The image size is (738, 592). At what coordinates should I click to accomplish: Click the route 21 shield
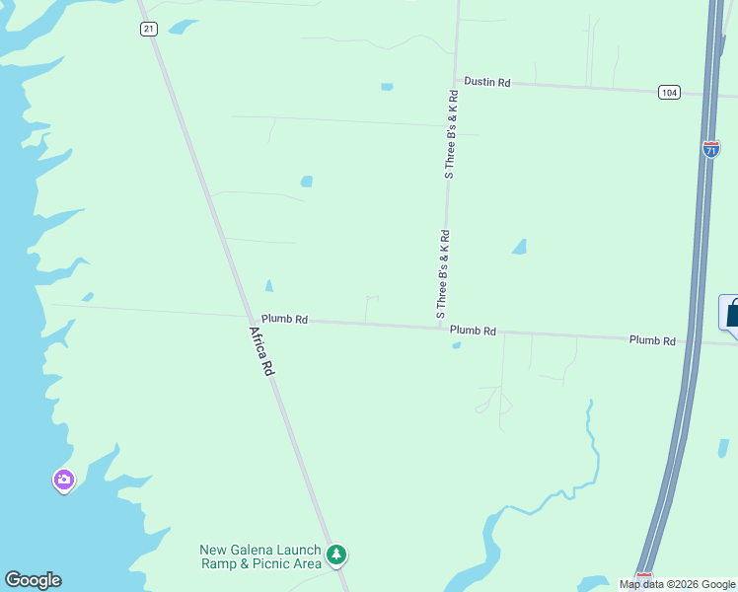click(148, 29)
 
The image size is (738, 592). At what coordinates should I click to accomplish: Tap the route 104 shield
click(670, 92)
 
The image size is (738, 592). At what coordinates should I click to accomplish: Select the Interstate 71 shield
click(711, 149)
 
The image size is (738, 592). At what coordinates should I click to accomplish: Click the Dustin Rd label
click(487, 83)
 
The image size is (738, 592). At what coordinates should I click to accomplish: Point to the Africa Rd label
click(262, 351)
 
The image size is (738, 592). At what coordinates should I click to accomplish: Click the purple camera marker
click(64, 480)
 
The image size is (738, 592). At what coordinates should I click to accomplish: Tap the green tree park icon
click(337, 555)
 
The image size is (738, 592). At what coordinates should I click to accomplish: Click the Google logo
click(33, 580)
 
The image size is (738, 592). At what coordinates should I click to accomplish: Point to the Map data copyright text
click(677, 584)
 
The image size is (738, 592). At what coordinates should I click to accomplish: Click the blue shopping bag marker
click(731, 313)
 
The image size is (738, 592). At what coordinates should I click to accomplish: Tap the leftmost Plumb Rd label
click(285, 320)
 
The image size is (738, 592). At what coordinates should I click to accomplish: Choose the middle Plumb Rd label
click(473, 331)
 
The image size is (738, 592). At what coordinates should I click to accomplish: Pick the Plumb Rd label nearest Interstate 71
click(653, 340)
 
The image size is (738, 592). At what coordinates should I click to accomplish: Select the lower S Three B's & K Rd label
click(444, 274)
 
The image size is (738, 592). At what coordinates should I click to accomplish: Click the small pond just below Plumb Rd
click(456, 344)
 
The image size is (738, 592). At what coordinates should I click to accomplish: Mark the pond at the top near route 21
click(183, 27)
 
